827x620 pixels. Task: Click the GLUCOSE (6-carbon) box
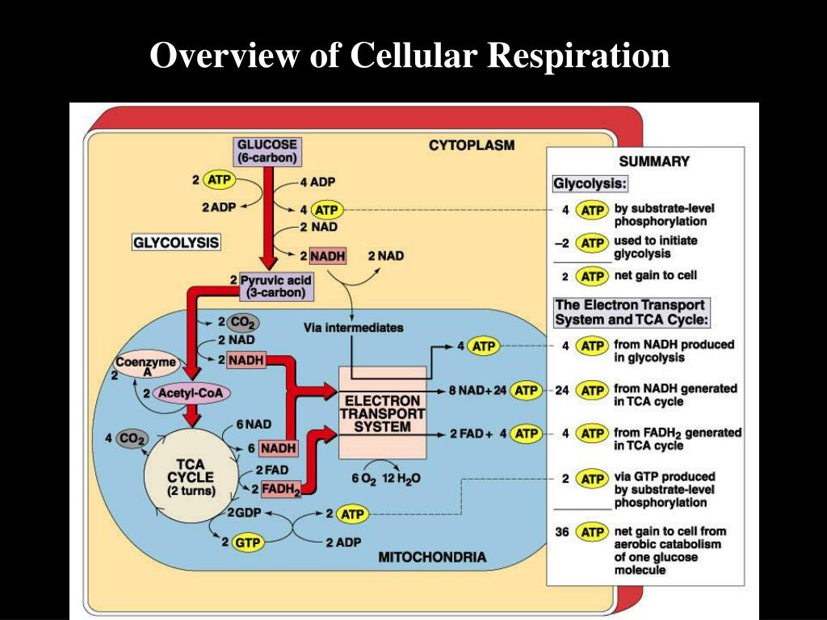tap(266, 151)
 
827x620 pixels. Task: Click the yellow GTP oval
tap(247, 542)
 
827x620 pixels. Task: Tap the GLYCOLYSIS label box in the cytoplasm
tap(176, 241)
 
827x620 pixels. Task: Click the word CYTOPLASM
tap(471, 146)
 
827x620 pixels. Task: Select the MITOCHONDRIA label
tap(432, 557)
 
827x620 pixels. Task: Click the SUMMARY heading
tap(654, 161)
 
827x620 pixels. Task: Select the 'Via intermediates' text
tap(353, 329)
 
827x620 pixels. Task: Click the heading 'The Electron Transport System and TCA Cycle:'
tap(630, 312)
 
